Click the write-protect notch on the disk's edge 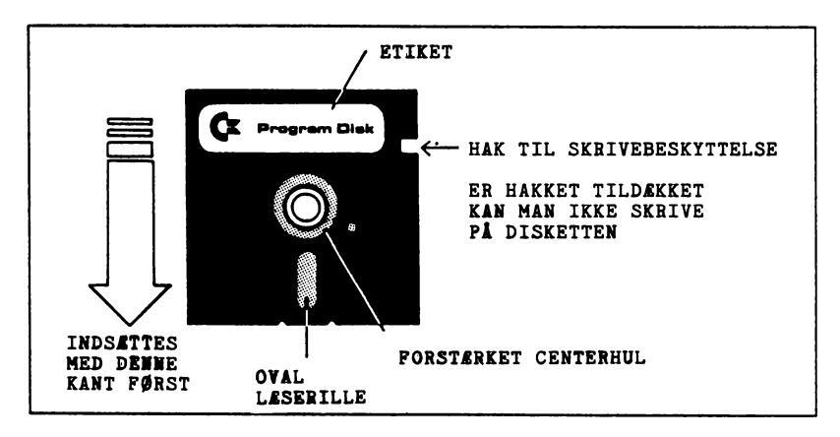pyautogui.click(x=410, y=148)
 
